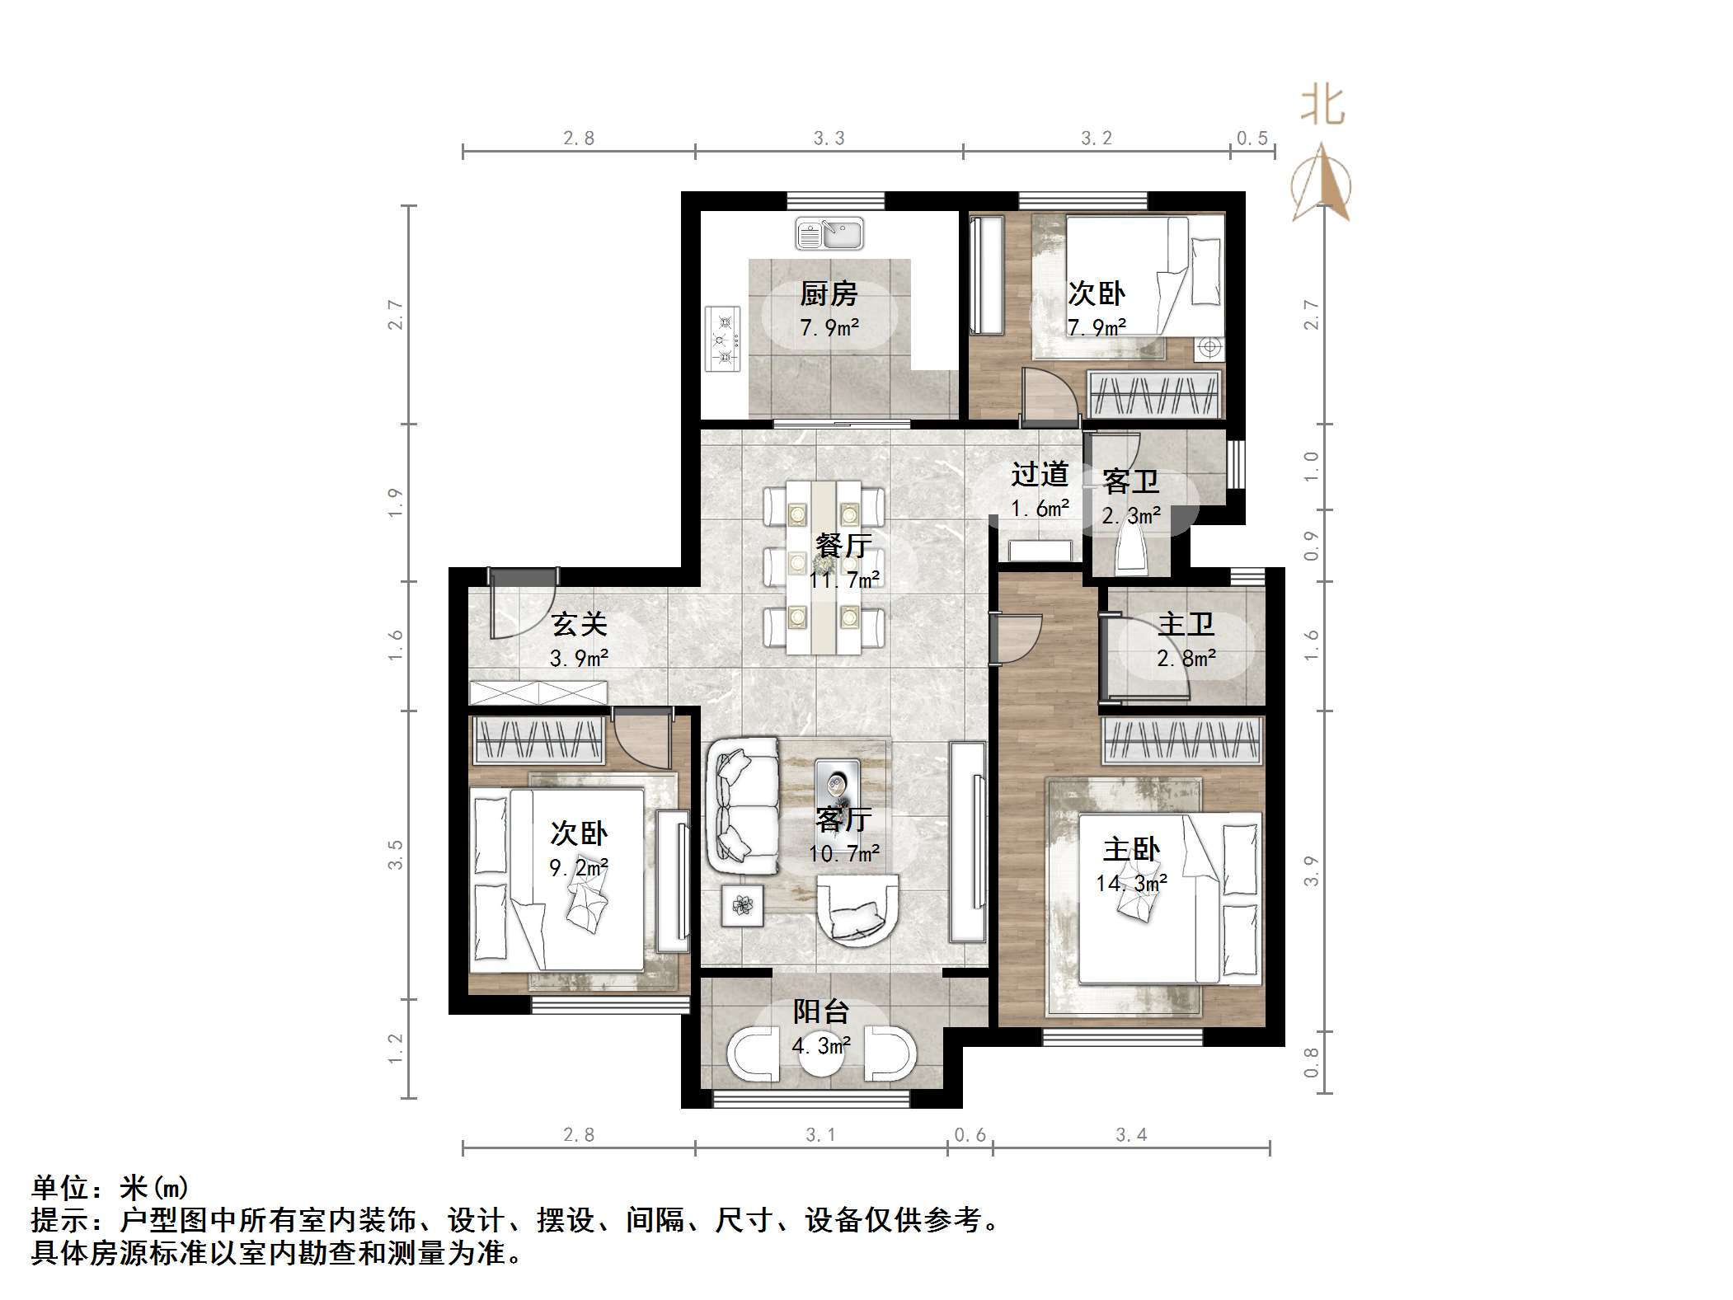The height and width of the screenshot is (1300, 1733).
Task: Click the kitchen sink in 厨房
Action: (829, 233)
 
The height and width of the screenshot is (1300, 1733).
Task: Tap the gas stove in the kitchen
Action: (723, 339)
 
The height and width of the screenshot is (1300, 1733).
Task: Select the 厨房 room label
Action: (829, 293)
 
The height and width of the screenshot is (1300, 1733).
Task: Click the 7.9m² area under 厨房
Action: (829, 327)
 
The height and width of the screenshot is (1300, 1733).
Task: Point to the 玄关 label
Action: (580, 624)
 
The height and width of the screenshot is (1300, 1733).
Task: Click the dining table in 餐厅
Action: (824, 568)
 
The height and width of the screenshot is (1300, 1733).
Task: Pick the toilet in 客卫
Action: (1131, 550)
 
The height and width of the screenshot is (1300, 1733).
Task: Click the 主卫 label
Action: (1186, 624)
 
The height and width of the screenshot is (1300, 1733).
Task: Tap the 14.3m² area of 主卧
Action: (1131, 883)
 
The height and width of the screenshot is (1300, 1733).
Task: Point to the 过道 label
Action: (1040, 474)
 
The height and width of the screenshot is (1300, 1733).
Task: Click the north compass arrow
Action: (1322, 182)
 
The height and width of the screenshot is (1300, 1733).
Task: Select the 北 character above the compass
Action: (1323, 106)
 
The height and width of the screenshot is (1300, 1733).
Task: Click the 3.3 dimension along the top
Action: (829, 138)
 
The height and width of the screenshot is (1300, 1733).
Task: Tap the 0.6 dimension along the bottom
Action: (970, 1135)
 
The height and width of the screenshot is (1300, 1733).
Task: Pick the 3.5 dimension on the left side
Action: (396, 855)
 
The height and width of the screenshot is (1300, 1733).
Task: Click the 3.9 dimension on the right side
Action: (1311, 871)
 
